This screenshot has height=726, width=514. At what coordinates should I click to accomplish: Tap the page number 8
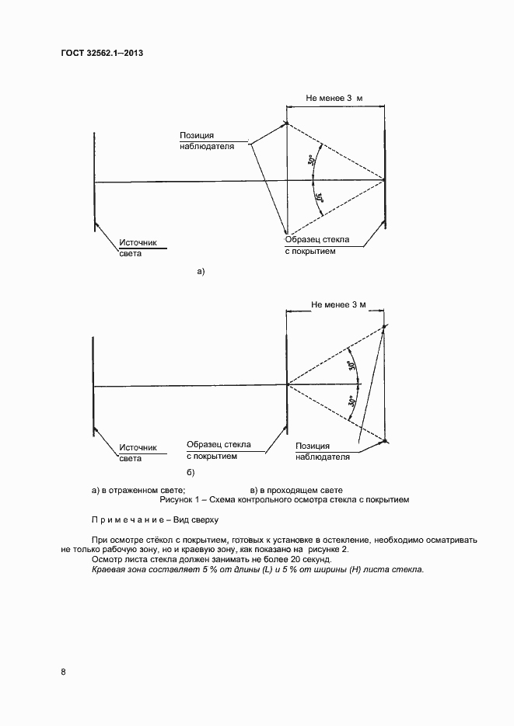63,670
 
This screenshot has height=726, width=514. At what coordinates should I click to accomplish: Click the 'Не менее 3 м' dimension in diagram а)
335,99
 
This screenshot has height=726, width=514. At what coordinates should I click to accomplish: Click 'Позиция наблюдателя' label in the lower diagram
323,452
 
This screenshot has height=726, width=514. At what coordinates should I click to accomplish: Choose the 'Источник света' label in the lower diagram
138,453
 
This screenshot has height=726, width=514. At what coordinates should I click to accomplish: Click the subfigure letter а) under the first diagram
201,271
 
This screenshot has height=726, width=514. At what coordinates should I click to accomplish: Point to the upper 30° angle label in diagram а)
311,162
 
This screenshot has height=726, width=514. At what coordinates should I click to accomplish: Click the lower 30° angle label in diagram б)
352,401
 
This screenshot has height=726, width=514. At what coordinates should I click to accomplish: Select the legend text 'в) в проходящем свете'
296,491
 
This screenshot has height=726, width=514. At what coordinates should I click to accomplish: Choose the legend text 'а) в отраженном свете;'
138,491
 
